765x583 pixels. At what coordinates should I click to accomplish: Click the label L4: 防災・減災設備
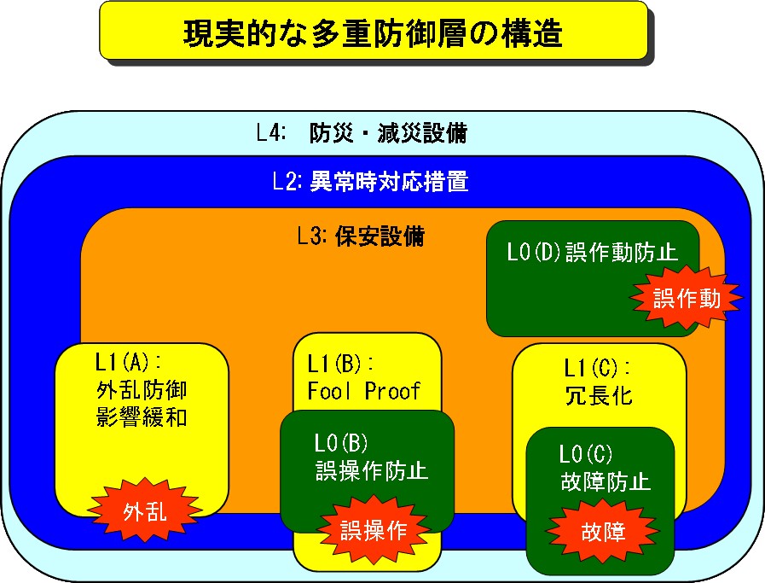[362, 133]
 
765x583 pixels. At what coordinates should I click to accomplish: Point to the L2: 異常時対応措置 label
[370, 181]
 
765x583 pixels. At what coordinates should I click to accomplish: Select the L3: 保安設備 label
[361, 236]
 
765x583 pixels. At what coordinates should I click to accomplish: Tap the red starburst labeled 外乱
[145, 510]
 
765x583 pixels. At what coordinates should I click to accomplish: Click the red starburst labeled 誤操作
[374, 529]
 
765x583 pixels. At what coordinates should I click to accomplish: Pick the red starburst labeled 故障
[603, 532]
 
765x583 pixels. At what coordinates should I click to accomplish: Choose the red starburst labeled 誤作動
[687, 297]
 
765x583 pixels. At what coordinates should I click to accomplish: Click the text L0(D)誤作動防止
[592, 253]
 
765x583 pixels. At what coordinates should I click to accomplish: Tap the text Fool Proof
[363, 391]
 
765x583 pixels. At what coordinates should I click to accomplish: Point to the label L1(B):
[340, 364]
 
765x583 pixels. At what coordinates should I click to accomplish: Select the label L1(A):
[128, 362]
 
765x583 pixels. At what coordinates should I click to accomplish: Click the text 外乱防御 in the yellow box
[142, 390]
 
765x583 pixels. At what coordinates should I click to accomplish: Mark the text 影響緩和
[142, 417]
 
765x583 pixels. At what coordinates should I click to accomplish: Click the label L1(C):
[597, 368]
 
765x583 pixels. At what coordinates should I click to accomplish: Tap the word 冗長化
[599, 395]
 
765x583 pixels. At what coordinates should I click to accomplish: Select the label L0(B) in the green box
[340, 443]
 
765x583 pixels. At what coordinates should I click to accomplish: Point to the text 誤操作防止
[372, 471]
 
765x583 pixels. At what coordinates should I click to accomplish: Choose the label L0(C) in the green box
[585, 453]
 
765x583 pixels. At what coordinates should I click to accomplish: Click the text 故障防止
[606, 481]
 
